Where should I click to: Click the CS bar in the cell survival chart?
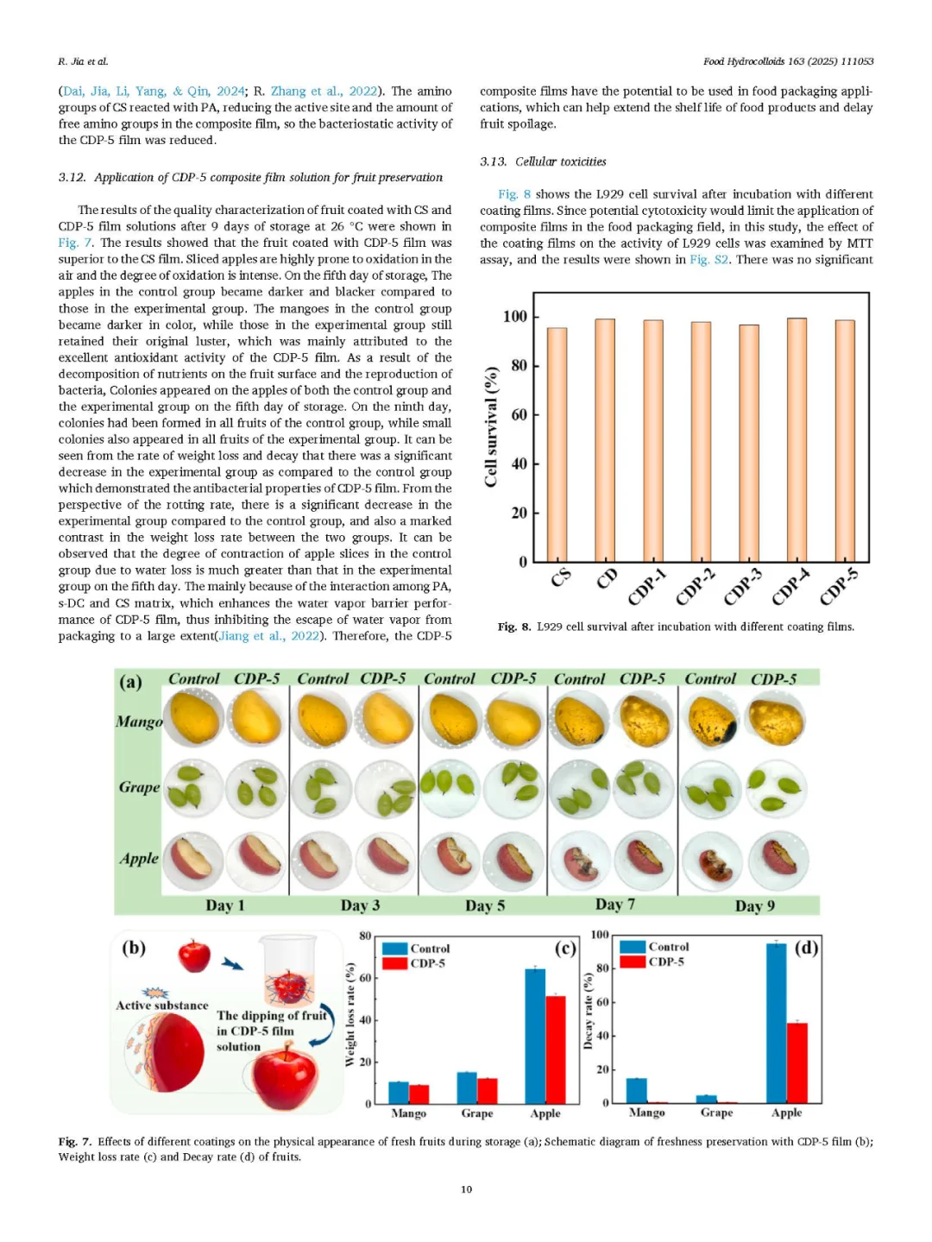(557, 444)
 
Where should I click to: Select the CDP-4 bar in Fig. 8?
(797, 440)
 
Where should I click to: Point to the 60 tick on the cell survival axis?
(519, 415)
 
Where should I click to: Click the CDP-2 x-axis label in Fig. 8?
(696, 587)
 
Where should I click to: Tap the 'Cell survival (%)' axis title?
(491, 426)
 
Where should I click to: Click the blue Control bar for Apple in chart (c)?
(535, 1036)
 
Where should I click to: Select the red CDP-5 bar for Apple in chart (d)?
(797, 1062)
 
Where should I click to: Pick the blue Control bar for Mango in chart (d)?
(636, 1090)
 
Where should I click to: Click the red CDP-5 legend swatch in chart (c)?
(395, 963)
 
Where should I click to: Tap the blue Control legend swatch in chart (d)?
(633, 947)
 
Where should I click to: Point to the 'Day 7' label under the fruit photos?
(615, 905)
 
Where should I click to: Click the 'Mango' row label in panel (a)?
(139, 722)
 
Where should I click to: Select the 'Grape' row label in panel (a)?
(139, 787)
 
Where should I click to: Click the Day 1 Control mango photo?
(194, 718)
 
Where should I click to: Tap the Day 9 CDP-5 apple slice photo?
(778, 861)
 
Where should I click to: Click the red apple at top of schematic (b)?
(194, 955)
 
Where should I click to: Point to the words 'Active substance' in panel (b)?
(162, 1006)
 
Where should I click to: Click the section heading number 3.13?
(493, 161)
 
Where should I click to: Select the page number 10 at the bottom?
(466, 1189)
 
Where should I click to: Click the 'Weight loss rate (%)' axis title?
(350, 1015)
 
